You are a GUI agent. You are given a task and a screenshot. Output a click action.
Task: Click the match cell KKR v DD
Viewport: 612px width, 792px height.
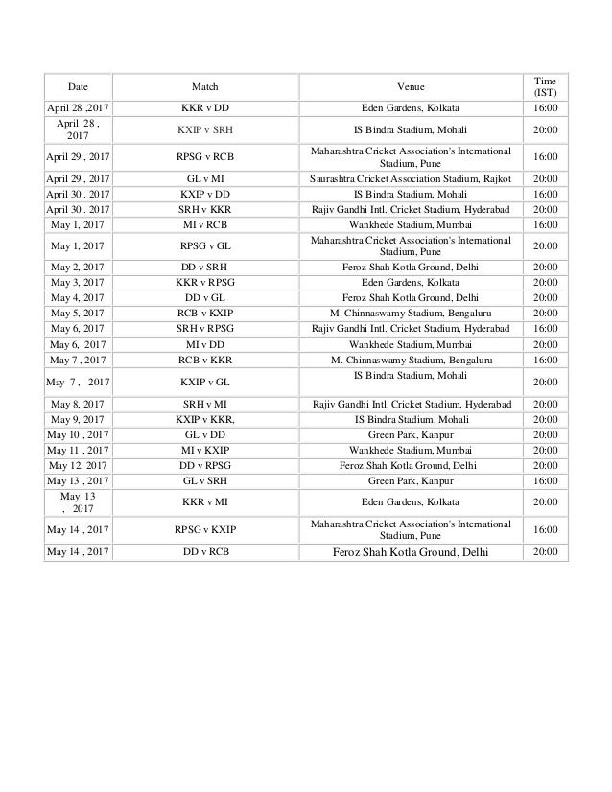(x=204, y=107)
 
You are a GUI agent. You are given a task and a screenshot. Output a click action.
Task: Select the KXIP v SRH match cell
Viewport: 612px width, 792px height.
(x=204, y=128)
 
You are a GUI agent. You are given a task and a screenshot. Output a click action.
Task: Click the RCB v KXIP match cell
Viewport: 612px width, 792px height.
(x=204, y=312)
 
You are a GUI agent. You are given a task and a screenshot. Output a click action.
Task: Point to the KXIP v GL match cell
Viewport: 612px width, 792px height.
(x=204, y=381)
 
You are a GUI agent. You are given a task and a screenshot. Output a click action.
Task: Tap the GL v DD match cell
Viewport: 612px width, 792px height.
(x=204, y=433)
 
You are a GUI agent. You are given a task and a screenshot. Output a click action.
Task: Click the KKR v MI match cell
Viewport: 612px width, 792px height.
(x=204, y=501)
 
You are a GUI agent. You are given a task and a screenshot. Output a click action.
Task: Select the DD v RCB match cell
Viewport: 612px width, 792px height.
(x=204, y=552)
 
